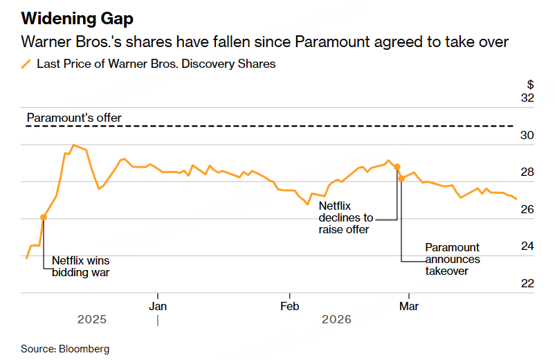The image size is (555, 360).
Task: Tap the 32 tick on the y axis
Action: click(527, 98)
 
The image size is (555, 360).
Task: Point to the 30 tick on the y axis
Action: click(527, 136)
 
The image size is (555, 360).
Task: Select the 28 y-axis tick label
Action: click(527, 172)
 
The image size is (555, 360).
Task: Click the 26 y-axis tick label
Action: click(527, 210)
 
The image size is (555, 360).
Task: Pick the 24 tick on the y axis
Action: click(527, 246)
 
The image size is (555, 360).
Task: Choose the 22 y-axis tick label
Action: click(527, 284)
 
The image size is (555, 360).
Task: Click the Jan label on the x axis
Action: click(158, 305)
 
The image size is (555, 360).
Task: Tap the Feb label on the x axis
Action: click(289, 305)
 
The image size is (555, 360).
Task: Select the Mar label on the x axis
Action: click(410, 305)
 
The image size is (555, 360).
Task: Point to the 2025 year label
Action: click(92, 320)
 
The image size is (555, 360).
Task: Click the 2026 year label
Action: click(336, 320)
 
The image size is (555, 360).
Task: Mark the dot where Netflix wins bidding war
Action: click(44, 217)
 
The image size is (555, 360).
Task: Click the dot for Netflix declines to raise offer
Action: click(397, 167)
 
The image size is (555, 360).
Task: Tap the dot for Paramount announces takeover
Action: click(401, 179)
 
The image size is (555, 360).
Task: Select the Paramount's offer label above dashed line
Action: click(74, 118)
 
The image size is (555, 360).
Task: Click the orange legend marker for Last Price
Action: click(26, 64)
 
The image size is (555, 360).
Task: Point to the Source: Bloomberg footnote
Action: click(65, 349)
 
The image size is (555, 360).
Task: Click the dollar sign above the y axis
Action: click(531, 84)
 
